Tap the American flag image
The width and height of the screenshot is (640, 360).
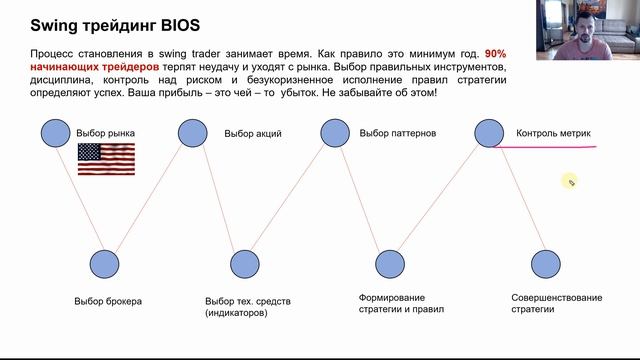(106, 159)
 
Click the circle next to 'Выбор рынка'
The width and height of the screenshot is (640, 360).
(54, 131)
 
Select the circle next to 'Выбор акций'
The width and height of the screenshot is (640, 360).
(192, 133)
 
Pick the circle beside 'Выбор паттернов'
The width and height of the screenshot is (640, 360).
(334, 133)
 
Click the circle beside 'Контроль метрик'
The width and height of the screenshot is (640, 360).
(488, 133)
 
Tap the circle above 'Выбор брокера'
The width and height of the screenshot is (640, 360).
(103, 264)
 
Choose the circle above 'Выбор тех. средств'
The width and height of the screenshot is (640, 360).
(245, 264)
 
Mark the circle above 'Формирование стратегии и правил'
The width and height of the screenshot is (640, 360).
(388, 264)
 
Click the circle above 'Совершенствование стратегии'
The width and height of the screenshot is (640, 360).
(545, 264)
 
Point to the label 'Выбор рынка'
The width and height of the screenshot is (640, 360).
(105, 133)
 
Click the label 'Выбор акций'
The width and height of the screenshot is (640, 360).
(253, 133)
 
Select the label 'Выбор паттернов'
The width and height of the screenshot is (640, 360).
(397, 133)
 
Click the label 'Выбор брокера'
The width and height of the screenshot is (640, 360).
(108, 301)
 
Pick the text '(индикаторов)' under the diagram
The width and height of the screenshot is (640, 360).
(236, 313)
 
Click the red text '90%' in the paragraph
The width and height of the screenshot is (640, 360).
(497, 53)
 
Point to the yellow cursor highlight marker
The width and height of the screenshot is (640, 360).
(570, 181)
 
